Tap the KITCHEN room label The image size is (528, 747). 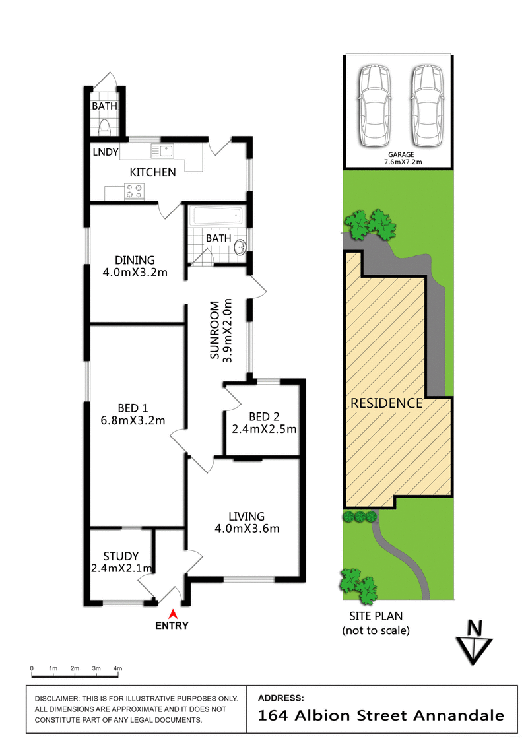click(x=152, y=172)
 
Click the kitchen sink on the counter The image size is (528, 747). click(x=162, y=150)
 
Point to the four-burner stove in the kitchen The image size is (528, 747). click(x=134, y=191)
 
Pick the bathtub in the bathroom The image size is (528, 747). click(x=216, y=216)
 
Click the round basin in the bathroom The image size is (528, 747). click(x=240, y=247)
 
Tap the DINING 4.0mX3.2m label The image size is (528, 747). click(x=135, y=266)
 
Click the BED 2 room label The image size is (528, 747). click(x=264, y=416)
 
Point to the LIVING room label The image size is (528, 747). click(x=246, y=516)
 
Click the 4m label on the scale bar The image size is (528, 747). click(x=117, y=668)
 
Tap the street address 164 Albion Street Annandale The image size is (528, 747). click(x=381, y=715)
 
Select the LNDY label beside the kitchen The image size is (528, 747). click(x=106, y=152)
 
